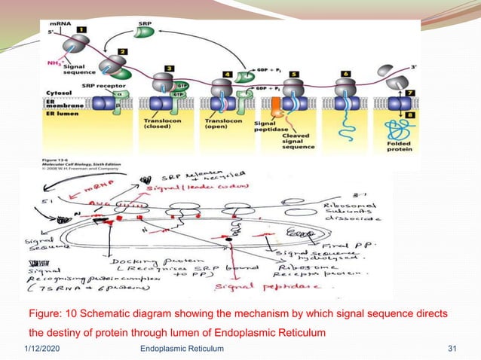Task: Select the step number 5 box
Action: (x=295, y=75)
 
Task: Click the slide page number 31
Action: (x=453, y=349)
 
